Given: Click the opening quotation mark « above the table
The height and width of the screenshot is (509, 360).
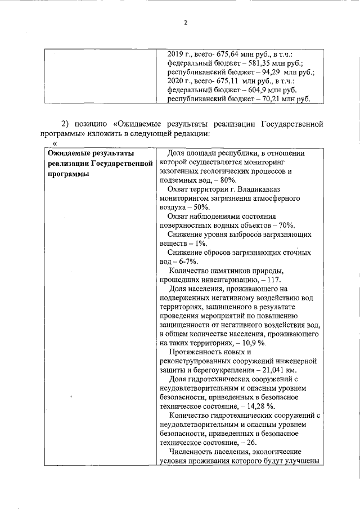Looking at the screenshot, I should (55, 145).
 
